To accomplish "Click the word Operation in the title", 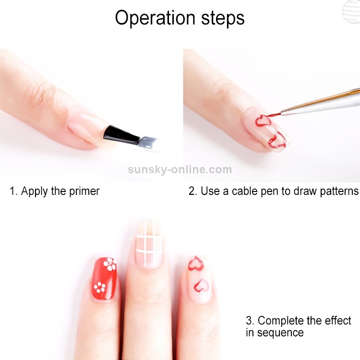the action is click(155, 18).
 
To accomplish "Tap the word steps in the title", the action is click(223, 18).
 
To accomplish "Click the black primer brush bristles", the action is click(121, 135).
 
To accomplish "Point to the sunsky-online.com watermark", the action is click(180, 169).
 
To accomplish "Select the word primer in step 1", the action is click(84, 192).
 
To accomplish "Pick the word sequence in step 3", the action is click(280, 333).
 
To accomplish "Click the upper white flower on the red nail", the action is click(109, 264).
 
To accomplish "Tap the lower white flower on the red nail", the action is click(99, 288).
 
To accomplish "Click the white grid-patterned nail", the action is click(149, 244).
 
